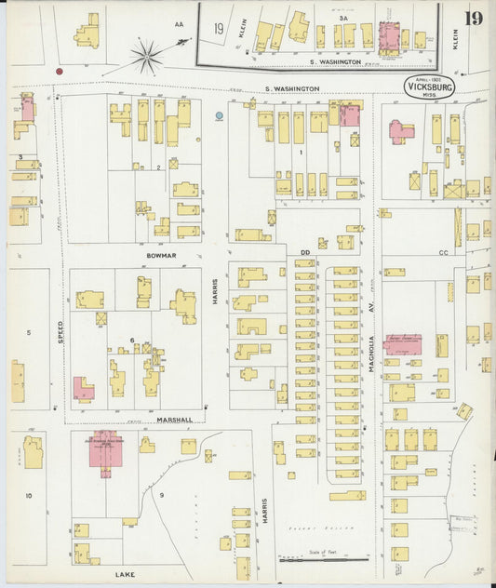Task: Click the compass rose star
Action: tap(146, 56)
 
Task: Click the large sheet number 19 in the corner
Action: tap(474, 19)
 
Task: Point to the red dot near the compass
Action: tap(60, 71)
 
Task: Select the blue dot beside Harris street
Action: tap(219, 116)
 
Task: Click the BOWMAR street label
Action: tap(160, 253)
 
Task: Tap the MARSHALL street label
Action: tap(174, 420)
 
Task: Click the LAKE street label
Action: tap(125, 575)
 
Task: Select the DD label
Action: tap(304, 251)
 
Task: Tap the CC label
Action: tap(444, 252)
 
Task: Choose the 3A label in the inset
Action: tap(342, 18)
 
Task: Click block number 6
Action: tap(133, 341)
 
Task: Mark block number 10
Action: tap(28, 496)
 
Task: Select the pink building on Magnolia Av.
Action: tap(403, 344)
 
